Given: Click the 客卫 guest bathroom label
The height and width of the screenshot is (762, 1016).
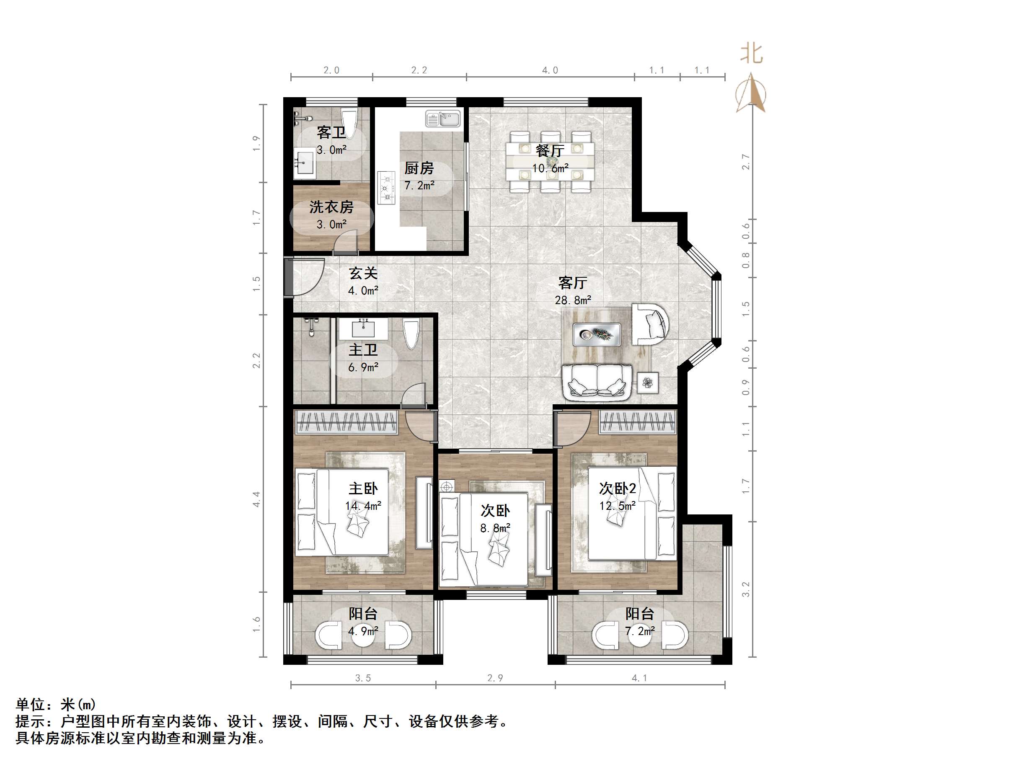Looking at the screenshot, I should coord(331,133).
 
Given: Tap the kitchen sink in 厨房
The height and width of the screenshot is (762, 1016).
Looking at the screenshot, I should coord(442,119).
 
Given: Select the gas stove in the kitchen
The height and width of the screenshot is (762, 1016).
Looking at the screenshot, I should coord(386,187).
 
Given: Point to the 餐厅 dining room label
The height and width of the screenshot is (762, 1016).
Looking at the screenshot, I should coord(550,151).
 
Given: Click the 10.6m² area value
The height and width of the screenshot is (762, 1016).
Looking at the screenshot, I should coord(550,168).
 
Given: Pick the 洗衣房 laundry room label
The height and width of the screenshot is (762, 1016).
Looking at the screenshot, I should coord(331,207).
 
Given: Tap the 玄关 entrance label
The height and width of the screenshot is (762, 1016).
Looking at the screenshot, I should coord(363,273).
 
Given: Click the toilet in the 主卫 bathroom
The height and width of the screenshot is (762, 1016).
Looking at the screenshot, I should coord(411,334).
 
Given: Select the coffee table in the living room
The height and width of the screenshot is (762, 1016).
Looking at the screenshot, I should coord(597,334).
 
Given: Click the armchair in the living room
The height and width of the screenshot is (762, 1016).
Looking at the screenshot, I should coord(649,324).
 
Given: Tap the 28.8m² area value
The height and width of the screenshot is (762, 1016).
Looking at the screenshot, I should coord(573,300).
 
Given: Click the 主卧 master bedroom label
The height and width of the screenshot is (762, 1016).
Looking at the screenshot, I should coord(363,488).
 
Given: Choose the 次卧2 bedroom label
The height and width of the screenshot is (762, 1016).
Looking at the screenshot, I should coord(617,488).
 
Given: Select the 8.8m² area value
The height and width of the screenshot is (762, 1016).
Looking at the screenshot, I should coord(495,528).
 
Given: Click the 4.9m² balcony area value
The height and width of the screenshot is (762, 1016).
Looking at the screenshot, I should coord(363,631).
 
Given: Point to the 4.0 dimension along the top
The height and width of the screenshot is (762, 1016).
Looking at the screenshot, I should coord(550,70).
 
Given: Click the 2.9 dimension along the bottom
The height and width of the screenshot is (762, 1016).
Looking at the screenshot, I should coord(495,678).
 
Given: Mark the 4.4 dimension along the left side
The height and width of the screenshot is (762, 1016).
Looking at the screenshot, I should coord(256,499).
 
